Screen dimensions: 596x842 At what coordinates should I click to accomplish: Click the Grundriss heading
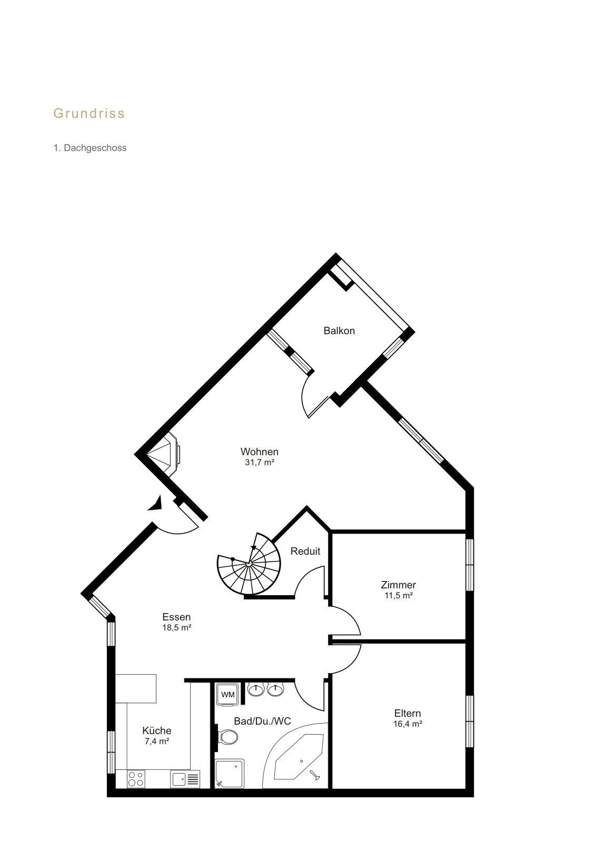point(89,113)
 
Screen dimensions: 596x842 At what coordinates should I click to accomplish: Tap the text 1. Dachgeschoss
point(90,148)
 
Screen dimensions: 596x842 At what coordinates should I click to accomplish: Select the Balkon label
point(339,330)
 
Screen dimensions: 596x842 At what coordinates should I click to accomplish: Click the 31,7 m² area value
point(260,462)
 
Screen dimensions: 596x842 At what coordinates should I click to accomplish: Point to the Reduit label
point(305,551)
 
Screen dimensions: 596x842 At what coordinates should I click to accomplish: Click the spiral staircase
point(249,564)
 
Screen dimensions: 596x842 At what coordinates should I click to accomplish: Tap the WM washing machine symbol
point(228,695)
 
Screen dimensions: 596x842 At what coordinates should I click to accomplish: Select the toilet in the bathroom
point(227,737)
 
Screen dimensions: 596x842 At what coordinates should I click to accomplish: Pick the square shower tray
point(230,773)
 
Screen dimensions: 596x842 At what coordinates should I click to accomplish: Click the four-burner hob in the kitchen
point(136,778)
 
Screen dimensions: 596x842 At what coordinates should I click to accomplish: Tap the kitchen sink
point(185,778)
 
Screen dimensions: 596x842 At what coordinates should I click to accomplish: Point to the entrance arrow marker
point(155,503)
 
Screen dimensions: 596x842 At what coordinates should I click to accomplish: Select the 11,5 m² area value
point(399,595)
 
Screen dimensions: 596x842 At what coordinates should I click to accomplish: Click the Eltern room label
point(408,713)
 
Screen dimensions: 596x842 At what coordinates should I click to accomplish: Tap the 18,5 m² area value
point(177,627)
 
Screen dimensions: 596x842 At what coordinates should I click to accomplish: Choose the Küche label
point(157,730)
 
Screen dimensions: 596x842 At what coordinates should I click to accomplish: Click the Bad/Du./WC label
point(263,721)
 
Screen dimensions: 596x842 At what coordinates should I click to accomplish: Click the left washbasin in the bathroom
point(256,689)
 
